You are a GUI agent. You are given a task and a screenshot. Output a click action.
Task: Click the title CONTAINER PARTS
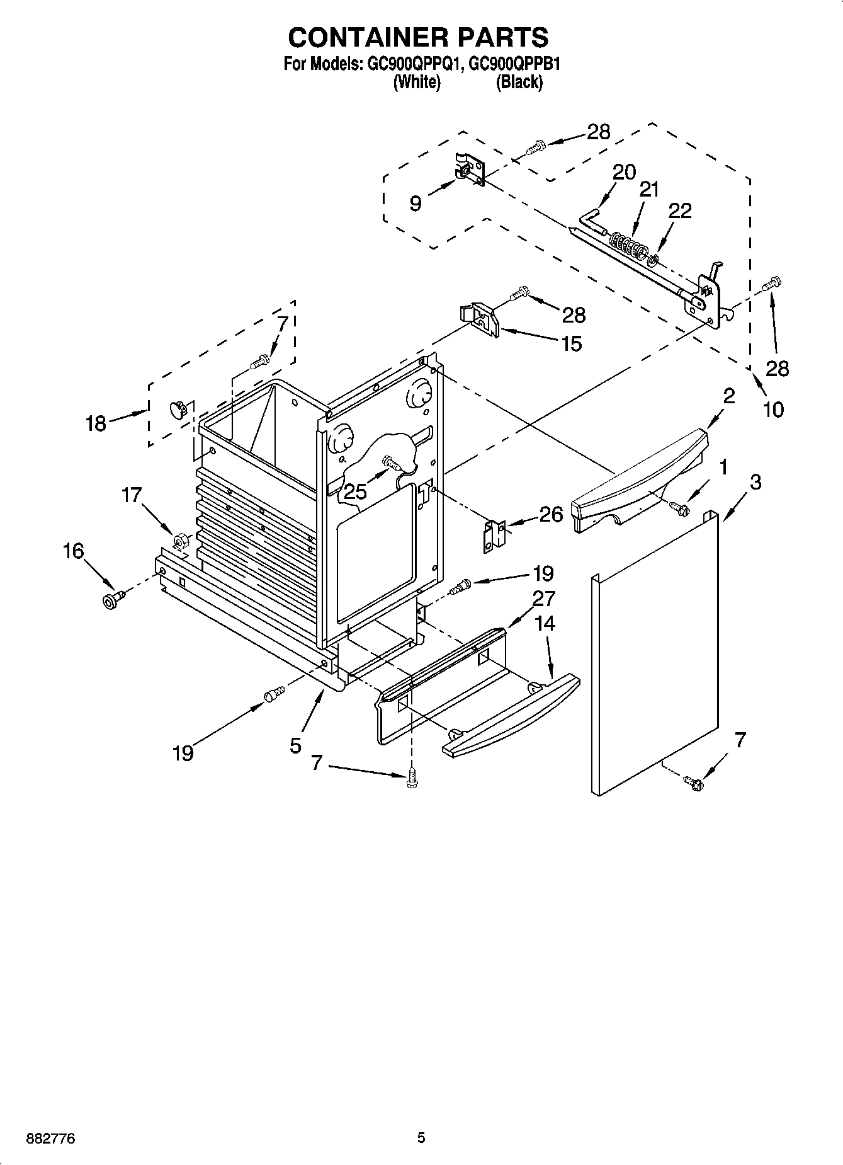pos(418,37)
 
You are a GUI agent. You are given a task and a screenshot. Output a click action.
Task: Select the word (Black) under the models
pos(519,82)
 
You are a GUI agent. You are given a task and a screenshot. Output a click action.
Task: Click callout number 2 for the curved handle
pos(728,396)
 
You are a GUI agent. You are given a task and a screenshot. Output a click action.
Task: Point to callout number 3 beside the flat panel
pos(755,482)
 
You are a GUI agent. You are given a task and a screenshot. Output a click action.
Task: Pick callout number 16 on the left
pos(73,551)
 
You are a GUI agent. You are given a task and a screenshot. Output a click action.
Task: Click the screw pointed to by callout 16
pos(111,600)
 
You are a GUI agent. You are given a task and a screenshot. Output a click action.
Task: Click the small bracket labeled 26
pos(495,536)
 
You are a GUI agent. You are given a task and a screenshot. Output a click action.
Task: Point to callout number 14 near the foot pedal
pos(545,624)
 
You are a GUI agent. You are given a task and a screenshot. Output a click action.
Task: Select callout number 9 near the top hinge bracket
pos(416,204)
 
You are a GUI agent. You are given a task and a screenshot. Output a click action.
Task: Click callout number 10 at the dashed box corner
pos(773,410)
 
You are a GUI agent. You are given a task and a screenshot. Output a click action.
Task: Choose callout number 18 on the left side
pos(96,424)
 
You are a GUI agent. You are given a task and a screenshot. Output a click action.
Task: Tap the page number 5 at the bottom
pos(421,1138)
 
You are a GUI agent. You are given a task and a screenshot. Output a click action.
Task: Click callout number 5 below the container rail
pos(296,746)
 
